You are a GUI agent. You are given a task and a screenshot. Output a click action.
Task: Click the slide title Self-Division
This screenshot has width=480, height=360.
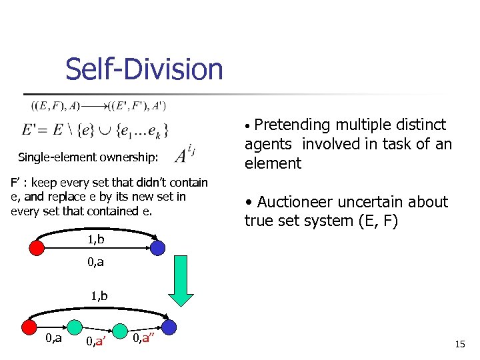click(144, 69)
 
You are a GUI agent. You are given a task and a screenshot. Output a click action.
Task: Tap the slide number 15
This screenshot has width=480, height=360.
click(459, 344)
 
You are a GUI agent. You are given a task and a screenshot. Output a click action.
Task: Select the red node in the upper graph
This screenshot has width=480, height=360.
click(37, 248)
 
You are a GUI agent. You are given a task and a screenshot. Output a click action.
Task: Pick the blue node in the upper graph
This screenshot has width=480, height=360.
click(157, 248)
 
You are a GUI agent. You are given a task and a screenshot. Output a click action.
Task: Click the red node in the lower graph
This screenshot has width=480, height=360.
click(29, 327)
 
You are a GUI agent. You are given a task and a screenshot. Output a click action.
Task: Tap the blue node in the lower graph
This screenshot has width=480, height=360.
click(169, 327)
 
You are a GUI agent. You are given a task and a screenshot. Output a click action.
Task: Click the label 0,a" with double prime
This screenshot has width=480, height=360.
click(143, 339)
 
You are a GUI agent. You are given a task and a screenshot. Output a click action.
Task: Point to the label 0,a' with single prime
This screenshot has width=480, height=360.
click(97, 342)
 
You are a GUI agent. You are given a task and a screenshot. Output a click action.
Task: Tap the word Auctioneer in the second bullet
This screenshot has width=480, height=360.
click(300, 202)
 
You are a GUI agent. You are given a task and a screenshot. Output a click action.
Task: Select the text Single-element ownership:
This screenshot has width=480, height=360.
click(88, 157)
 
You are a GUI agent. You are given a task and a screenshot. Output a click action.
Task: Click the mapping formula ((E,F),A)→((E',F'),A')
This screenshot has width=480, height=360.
click(98, 105)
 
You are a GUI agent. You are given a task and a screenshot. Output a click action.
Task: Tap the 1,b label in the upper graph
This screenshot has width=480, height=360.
click(96, 239)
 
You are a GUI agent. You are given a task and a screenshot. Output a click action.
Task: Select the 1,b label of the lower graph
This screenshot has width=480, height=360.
click(99, 295)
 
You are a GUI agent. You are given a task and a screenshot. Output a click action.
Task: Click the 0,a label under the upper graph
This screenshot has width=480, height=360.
click(95, 263)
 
